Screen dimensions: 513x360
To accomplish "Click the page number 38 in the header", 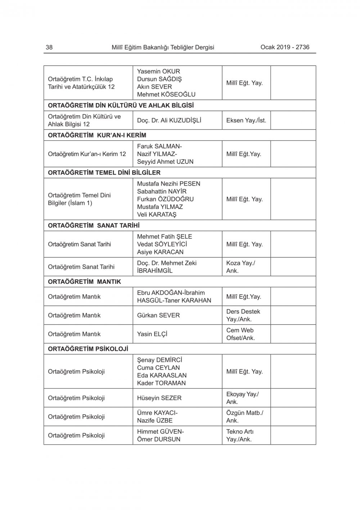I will pos(49,47).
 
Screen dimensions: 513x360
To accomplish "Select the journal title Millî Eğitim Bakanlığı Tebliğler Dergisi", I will pos(163,47).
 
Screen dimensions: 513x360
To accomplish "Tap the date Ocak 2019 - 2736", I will pos(285,47).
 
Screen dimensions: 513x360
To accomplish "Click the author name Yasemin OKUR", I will pos(158,71).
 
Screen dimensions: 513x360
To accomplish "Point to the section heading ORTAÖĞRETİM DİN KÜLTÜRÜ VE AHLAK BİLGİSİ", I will pos(121,106).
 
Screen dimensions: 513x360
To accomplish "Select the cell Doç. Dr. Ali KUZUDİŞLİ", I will pos(169,120).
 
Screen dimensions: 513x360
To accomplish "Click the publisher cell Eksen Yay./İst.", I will pos(246,120).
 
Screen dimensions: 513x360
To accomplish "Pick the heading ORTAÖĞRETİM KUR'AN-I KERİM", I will pos(97,135).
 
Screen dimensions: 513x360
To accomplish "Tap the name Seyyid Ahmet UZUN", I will pos(165,162).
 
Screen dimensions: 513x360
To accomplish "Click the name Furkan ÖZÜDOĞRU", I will pos(165,199).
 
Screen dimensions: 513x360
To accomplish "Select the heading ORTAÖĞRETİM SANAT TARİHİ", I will pos(94,226).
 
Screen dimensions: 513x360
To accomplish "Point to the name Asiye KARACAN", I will pos(160,252).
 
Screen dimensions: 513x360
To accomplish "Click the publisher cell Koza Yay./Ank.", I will pos(240,267).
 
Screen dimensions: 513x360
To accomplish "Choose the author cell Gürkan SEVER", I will pos(158,315).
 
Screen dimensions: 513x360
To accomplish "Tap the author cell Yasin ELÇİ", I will pos(152,334).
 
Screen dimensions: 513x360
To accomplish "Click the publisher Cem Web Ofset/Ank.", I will pos(240,334).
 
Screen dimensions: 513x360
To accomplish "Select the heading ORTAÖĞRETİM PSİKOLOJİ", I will pos(88,349).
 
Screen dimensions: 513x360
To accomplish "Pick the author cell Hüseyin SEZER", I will pos(159,398).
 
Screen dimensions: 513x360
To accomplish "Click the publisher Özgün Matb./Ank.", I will pos(244,417).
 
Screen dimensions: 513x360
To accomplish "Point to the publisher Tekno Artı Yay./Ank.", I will pos(240,436).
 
